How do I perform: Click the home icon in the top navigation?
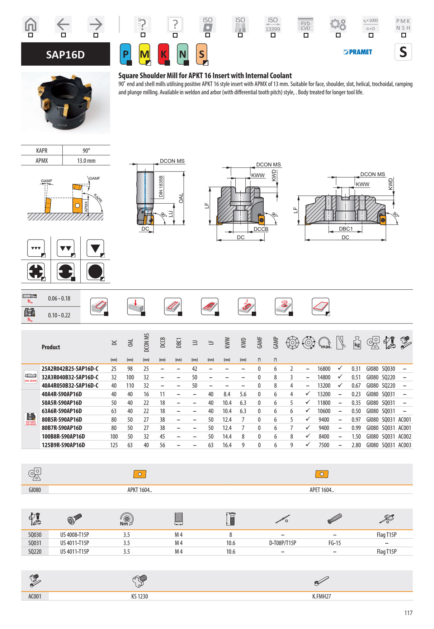31,25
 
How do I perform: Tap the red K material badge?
164,54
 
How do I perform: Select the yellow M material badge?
145,54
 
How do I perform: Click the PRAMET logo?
358,52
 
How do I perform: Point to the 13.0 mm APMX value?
86,161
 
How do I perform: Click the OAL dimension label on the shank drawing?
181,198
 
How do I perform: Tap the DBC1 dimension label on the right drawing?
346,229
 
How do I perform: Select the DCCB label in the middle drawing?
261,229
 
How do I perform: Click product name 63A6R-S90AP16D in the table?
62,411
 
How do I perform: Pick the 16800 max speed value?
324,369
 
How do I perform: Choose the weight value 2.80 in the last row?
356,445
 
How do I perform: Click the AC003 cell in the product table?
405,445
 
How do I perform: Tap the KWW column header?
227,343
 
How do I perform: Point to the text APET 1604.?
321,490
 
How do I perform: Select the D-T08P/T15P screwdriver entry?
283,543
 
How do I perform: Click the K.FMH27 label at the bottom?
321,596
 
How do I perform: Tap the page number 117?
408,613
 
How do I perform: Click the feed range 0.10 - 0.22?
59,315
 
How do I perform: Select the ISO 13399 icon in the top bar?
273,25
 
